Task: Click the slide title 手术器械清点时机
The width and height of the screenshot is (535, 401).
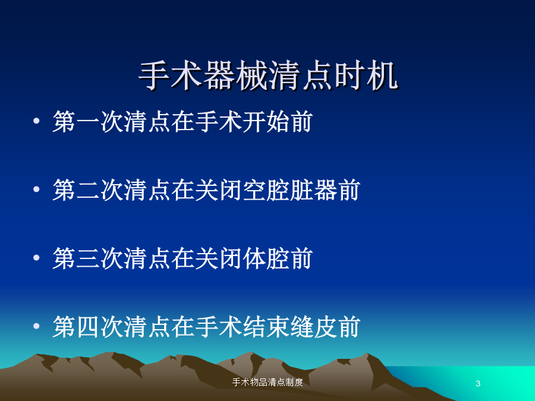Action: point(268,75)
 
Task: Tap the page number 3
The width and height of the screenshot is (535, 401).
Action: point(478,383)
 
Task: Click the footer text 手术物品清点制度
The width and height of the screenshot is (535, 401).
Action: point(267,382)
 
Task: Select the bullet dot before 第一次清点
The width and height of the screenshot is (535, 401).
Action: point(36,121)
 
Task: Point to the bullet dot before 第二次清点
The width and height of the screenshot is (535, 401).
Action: point(36,190)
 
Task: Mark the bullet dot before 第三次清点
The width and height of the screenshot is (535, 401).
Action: point(36,258)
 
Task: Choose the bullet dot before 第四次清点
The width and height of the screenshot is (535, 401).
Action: point(36,326)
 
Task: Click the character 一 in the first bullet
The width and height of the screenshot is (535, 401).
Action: point(89,122)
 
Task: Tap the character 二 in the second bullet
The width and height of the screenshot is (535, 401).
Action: point(89,190)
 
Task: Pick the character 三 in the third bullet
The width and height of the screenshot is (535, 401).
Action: point(89,258)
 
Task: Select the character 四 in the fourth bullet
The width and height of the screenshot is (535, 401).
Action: point(89,327)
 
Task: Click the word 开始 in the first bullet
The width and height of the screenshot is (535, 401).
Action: point(266,122)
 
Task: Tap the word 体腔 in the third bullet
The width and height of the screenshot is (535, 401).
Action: point(266,258)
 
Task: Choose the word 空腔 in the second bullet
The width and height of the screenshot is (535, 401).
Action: point(266,190)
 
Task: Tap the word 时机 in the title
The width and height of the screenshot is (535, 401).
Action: point(366,75)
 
